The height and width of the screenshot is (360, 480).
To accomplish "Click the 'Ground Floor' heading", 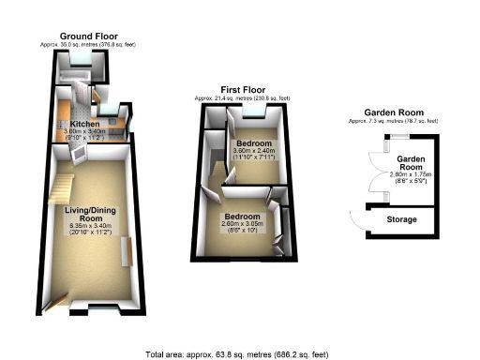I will click(82, 34).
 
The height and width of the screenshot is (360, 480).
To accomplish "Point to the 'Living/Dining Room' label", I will click(90, 215).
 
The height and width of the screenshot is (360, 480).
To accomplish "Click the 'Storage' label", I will click(404, 220).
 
